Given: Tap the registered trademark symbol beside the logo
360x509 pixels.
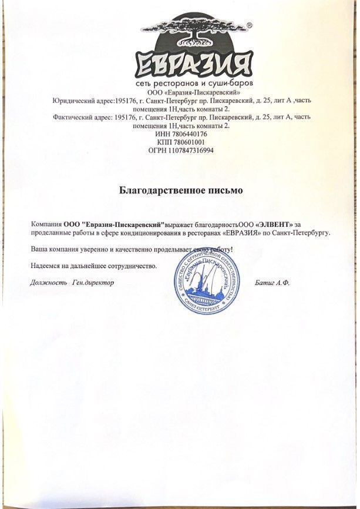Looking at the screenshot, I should pos(249,26).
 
